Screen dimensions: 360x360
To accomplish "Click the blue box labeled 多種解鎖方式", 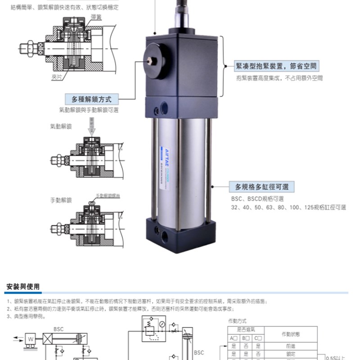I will (x=88, y=99).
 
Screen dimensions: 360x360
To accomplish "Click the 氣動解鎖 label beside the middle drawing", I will (x=61, y=127).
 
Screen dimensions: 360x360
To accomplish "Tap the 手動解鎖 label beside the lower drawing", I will (x=61, y=200).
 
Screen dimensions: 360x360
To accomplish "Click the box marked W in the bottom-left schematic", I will (x=31, y=338).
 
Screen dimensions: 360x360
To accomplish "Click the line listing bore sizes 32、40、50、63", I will (x=288, y=207).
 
